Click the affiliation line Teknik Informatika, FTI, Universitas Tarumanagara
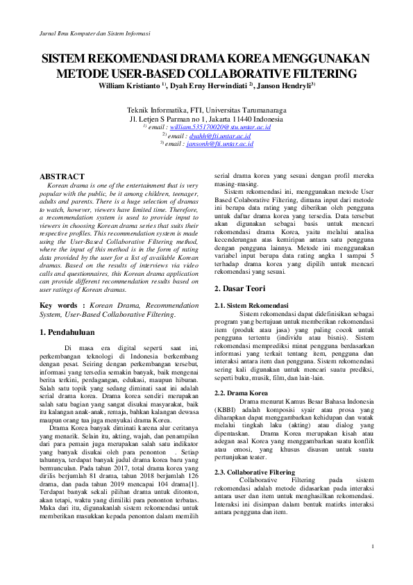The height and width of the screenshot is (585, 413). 206,110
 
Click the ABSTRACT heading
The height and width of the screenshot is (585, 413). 62,177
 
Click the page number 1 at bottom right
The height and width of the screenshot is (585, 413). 373,546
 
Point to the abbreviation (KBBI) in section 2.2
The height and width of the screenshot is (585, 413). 228,410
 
